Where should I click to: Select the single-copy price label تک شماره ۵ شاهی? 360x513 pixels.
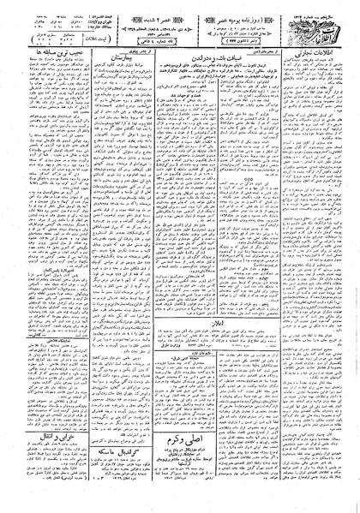170,43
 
